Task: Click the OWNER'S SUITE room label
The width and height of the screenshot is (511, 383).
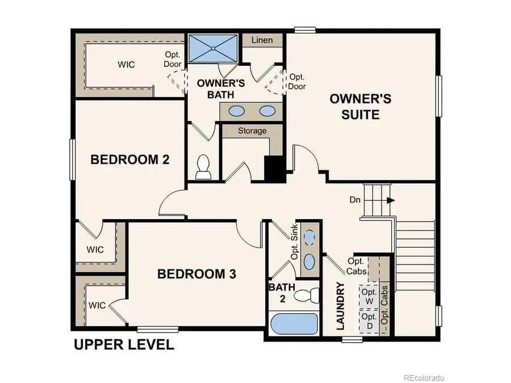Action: (x=360, y=106)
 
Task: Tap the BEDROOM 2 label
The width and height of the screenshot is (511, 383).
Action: (x=130, y=159)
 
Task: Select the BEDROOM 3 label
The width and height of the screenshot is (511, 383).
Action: (x=196, y=274)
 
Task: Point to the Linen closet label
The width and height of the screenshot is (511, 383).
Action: (x=262, y=40)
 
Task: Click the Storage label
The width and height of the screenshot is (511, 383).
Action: (x=252, y=131)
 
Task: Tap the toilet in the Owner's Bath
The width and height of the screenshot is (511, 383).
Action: (x=203, y=165)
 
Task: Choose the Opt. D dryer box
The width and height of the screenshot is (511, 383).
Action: (x=369, y=323)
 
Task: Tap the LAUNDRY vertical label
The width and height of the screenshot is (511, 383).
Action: (x=341, y=306)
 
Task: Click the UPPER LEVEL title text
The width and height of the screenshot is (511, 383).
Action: (x=124, y=345)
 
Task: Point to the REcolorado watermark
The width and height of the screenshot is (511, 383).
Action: (x=423, y=377)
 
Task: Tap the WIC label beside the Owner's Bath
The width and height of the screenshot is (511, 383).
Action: (x=126, y=64)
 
